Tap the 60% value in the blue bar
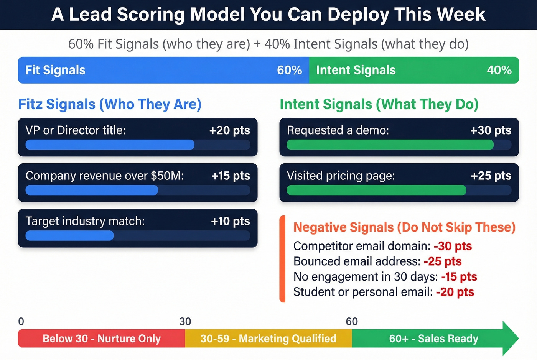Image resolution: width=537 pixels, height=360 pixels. (289, 70)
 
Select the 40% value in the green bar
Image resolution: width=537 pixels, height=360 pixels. (499, 70)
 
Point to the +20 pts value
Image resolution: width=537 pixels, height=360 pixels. (229, 130)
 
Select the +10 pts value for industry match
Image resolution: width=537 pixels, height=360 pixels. (230, 221)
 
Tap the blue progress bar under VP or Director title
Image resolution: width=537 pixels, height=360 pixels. (110, 145)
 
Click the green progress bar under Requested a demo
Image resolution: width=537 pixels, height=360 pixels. (390, 145)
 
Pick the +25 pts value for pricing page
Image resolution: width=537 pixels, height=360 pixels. (491, 176)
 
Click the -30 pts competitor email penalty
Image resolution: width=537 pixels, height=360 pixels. (453, 246)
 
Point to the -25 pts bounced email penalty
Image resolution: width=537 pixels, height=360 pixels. (443, 261)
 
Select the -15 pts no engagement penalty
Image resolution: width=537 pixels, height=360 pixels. (459, 277)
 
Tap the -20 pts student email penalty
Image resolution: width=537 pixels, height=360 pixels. (455, 292)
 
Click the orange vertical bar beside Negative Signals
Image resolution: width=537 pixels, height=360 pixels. (282, 259)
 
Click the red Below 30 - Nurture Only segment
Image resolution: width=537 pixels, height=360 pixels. (102, 339)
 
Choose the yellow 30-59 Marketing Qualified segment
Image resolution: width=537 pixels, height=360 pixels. (268, 339)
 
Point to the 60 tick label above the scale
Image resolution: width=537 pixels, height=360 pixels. (352, 321)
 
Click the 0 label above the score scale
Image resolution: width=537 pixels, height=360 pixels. (21, 321)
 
